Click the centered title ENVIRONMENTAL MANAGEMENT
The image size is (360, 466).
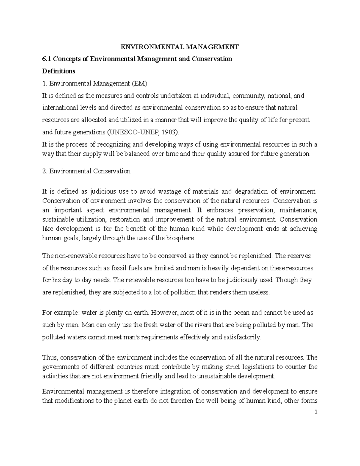179,47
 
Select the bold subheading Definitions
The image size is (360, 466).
59,71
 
